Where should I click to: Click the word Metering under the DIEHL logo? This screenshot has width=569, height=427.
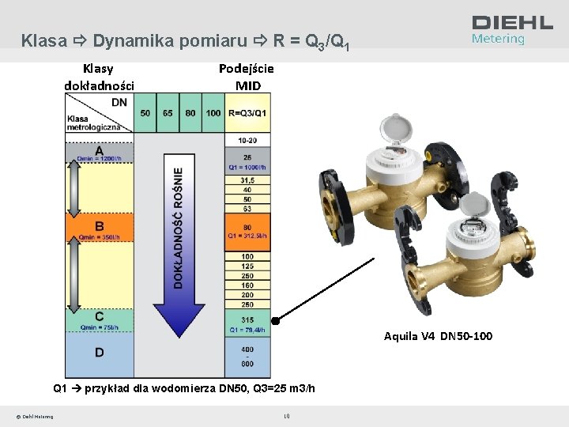click(498, 39)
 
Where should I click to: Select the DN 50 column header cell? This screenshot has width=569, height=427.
click(145, 113)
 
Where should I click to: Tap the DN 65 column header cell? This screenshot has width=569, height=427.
click(168, 113)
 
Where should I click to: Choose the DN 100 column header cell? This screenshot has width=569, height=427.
click(213, 113)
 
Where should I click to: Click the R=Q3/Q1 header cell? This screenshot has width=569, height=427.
click(248, 113)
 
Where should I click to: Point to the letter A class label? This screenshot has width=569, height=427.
click(99, 150)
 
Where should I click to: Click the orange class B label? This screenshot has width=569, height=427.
click(99, 225)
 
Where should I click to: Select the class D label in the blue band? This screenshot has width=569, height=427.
click(99, 353)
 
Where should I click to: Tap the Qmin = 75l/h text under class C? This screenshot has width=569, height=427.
click(99, 327)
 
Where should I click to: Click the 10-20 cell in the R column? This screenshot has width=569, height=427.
click(247, 140)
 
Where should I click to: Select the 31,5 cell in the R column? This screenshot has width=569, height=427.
click(247, 180)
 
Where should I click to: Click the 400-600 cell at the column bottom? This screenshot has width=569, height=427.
click(247, 357)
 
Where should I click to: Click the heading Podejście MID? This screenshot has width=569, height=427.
click(247, 77)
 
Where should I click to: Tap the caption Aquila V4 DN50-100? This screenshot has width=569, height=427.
click(438, 336)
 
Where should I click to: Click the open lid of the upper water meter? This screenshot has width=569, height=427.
click(390, 127)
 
